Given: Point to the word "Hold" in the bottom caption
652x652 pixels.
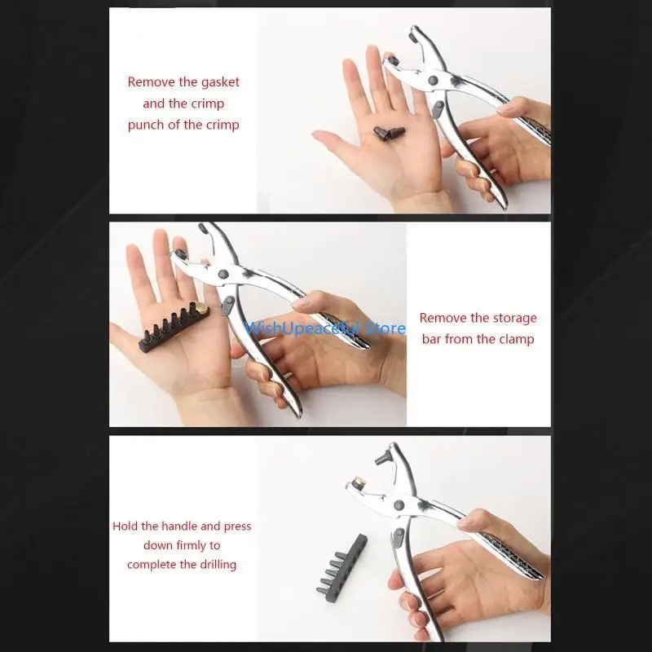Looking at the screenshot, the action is [x=126, y=526].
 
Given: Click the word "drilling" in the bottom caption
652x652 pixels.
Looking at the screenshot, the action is [x=216, y=564].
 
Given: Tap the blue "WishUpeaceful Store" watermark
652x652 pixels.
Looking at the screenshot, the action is [x=325, y=328].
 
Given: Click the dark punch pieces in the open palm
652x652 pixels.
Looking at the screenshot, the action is [x=389, y=133].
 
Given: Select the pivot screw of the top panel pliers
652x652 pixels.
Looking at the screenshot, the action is [x=433, y=80].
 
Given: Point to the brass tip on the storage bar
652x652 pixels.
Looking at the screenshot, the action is [x=202, y=308].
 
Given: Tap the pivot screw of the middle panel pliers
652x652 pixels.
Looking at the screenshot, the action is [x=223, y=274].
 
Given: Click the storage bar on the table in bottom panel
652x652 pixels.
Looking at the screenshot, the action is [x=341, y=564].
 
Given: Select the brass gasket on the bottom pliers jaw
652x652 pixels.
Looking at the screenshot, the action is [x=359, y=482].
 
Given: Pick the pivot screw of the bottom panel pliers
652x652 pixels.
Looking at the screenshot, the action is [x=399, y=505].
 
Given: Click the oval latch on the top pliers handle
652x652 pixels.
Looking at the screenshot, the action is [x=438, y=109].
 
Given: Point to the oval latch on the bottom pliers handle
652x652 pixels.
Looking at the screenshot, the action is [x=399, y=536].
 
